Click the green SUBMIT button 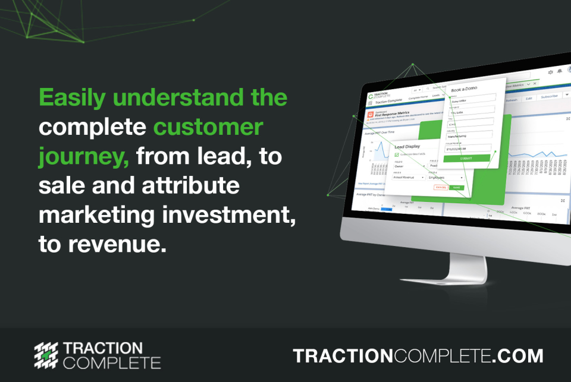click(x=467, y=158)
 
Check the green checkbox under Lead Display click(x=397, y=154)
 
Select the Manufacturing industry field click(x=469, y=135)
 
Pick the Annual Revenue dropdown click(x=409, y=177)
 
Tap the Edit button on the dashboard click(x=528, y=98)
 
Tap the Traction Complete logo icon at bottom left click(x=48, y=355)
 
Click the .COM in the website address click(x=518, y=356)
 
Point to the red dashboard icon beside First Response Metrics click(x=371, y=112)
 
